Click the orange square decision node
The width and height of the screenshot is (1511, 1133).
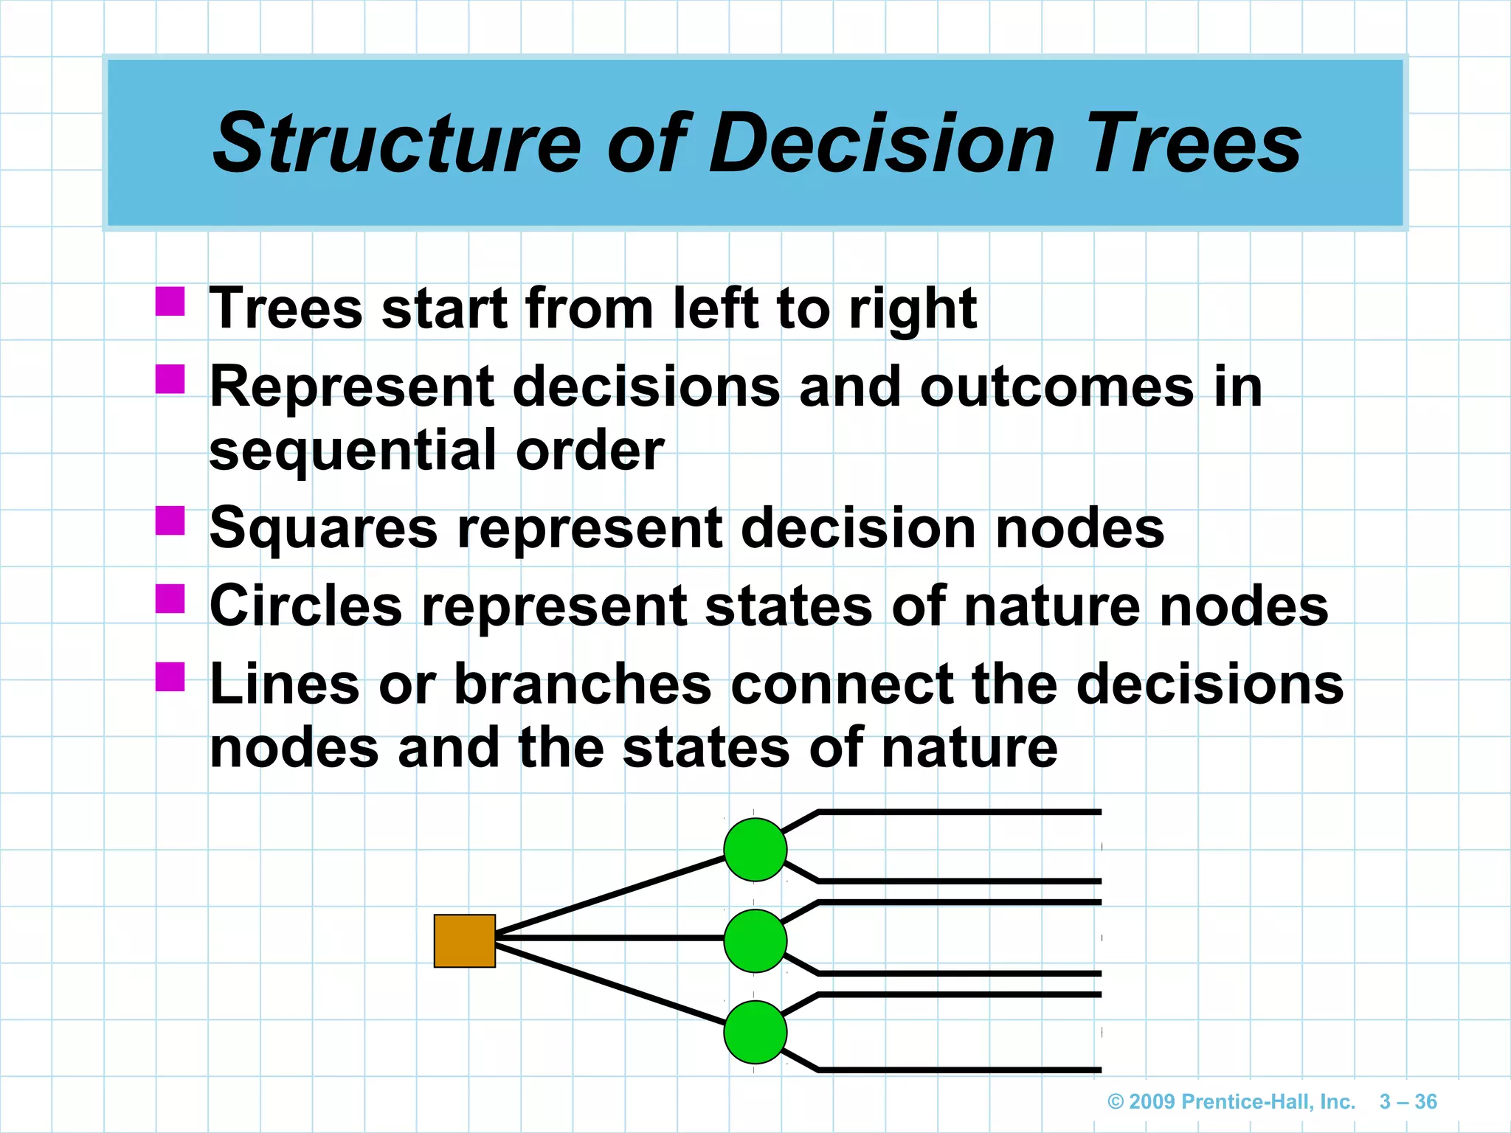coord(464,940)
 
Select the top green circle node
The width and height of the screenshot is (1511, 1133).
coord(755,850)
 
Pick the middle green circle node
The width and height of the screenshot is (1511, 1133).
coord(755,940)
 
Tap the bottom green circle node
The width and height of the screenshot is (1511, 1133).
coord(755,1032)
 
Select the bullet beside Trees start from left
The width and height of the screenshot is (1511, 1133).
coord(170,301)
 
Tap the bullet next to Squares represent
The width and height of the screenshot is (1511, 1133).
coord(170,520)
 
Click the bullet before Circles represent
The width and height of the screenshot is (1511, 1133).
coord(170,598)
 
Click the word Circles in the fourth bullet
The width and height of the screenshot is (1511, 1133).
coord(305,606)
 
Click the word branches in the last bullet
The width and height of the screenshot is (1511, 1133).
coord(582,685)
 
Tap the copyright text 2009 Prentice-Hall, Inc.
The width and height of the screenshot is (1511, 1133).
coord(1231,1102)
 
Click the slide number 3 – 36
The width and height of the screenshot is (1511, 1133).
coord(1408,1102)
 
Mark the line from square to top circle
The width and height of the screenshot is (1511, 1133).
coord(609,895)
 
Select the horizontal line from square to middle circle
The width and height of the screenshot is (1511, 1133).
coord(609,938)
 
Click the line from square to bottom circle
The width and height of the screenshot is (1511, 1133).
coord(609,983)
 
